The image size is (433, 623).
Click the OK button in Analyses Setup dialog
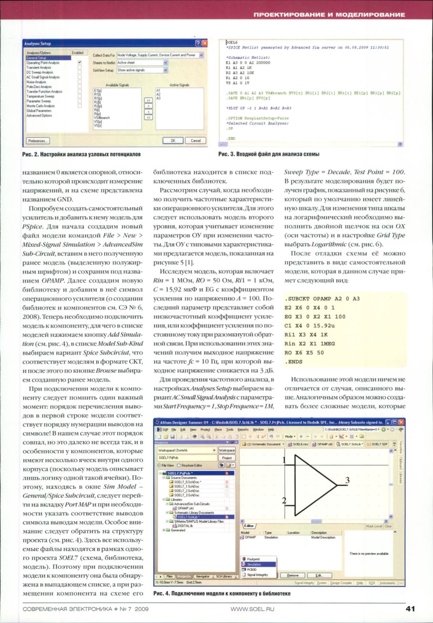coord(173,141)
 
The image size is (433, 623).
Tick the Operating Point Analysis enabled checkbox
coord(79,63)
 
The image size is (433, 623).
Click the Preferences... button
coord(38,141)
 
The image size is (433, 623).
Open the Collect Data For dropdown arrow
coord(201,55)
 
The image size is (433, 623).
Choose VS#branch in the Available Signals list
coord(102,117)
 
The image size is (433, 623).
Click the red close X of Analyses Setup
coord(204,43)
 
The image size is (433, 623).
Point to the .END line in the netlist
coord(231,138)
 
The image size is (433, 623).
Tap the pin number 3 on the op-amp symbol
coord(347,480)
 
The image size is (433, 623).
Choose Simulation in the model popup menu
coord(254,565)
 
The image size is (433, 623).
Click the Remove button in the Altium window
coord(293,575)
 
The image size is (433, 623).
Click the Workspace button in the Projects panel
coord(227,450)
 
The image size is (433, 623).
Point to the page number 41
coord(410,608)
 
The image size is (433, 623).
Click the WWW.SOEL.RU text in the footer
coord(252,609)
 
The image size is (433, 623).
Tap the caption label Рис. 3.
coord(227,154)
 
